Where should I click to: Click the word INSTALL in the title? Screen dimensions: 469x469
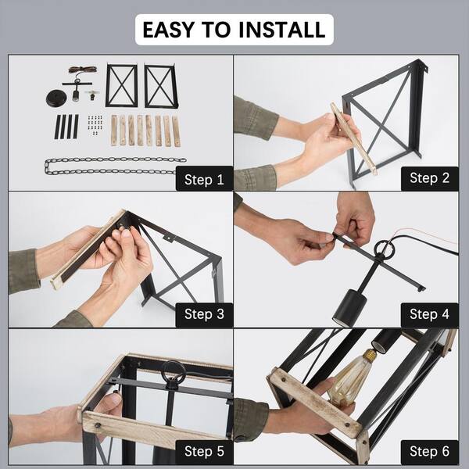pos(281,30)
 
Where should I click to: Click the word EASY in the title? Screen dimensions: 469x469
pos(168,30)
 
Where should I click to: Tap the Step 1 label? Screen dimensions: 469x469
pos(204,180)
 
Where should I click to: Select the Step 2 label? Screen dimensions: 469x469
pos(429,178)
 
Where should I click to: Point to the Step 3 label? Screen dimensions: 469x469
pos(204,314)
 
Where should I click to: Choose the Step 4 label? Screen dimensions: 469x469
pos(429,314)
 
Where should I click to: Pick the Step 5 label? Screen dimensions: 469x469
pos(204,451)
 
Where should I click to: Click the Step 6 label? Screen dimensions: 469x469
pos(429,451)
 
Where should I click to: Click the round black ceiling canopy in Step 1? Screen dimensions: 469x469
pos(57,98)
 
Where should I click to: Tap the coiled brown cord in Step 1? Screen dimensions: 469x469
pos(83,70)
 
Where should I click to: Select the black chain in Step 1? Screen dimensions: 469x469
pos(115,166)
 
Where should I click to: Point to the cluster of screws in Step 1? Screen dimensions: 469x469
pos(95,125)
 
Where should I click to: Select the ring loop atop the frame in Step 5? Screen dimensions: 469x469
pos(174,371)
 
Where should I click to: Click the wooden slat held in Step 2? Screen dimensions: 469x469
pos(353,138)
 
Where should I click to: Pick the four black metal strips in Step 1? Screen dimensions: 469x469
pos(66,127)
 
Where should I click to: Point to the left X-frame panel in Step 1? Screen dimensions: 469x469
pos(121,85)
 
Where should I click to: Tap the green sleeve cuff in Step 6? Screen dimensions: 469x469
pos(251,419)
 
